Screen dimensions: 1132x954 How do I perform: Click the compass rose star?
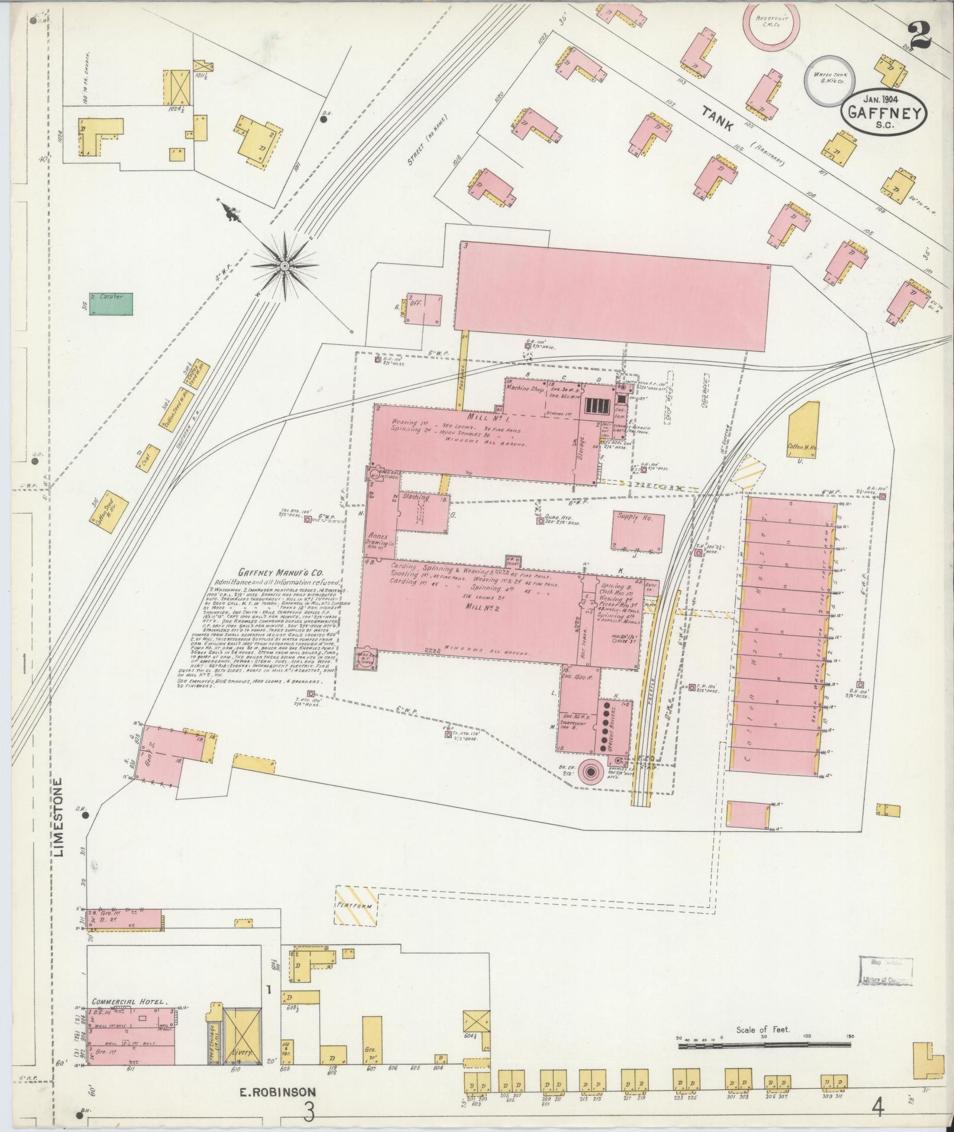(x=284, y=266)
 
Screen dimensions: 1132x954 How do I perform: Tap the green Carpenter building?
(x=111, y=304)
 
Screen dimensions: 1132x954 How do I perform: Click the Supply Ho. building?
(x=638, y=528)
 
